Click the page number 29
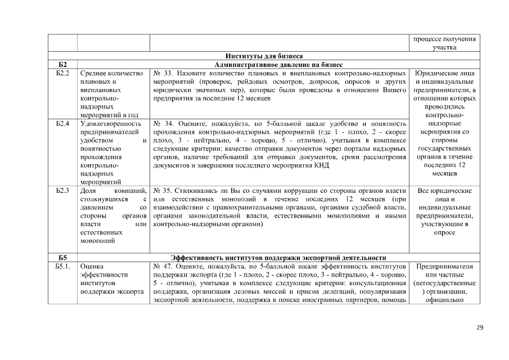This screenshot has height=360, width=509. click(x=480, y=328)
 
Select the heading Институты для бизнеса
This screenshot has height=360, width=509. click(x=264, y=56)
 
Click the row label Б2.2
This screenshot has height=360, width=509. click(x=62, y=73)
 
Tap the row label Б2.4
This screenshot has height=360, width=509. click(x=62, y=123)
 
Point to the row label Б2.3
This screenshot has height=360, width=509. click(x=62, y=191)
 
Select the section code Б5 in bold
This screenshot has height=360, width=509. click(x=62, y=258)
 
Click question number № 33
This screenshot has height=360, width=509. click(x=162, y=73)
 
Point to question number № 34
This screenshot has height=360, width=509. click(x=162, y=123)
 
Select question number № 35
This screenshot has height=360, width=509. click(x=161, y=191)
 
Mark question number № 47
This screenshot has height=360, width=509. click(x=162, y=266)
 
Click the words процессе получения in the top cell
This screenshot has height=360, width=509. click(x=444, y=39)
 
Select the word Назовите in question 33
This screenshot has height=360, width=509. click(x=196, y=73)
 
